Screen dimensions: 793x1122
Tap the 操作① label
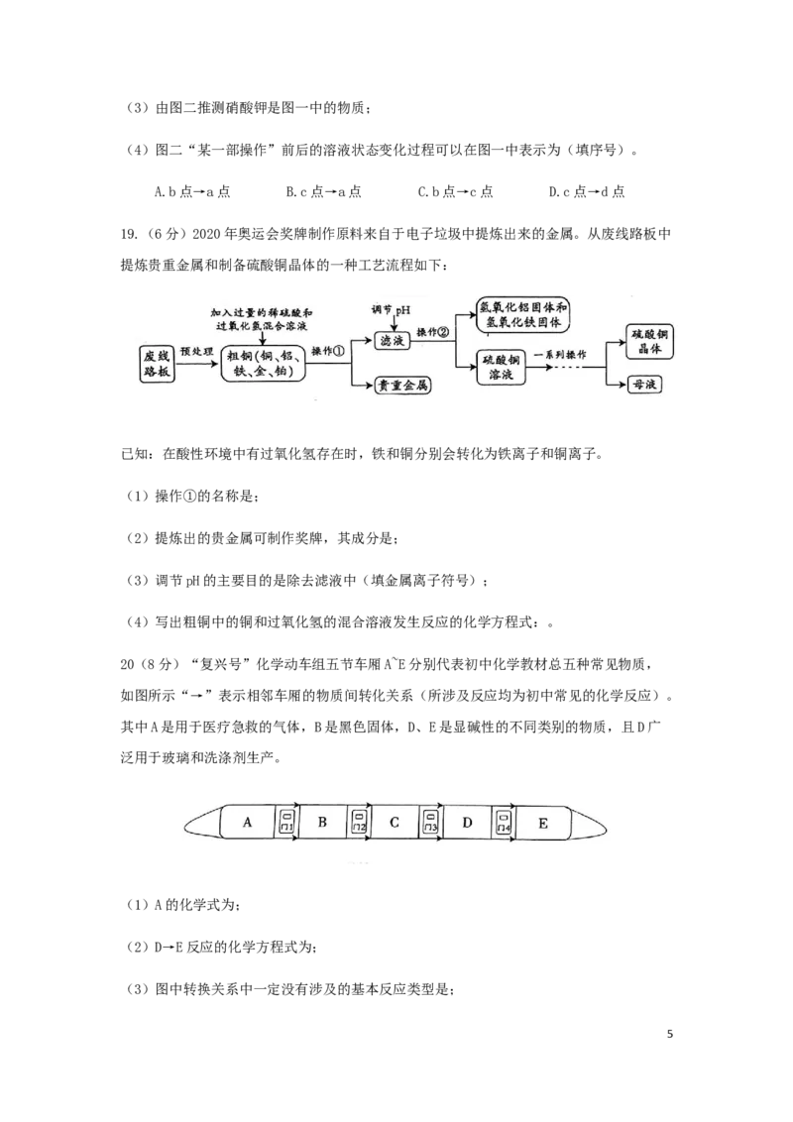328,351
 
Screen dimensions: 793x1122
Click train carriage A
247,823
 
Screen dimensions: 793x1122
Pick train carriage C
394,823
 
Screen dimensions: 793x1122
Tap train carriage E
544,823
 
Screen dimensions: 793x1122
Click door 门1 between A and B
285,823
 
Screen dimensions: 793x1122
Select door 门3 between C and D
430,823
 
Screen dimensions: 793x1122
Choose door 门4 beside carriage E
504,823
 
